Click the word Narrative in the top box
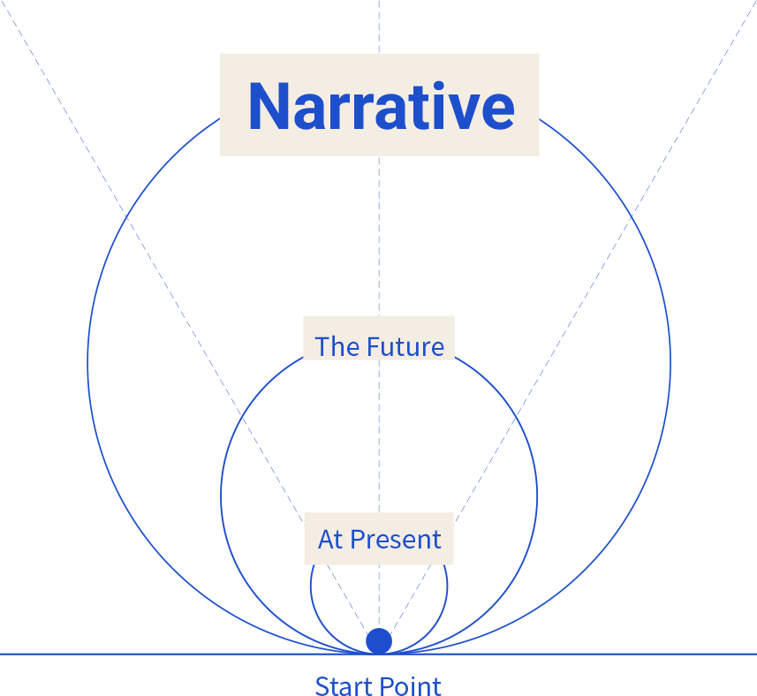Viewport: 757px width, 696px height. pos(381,106)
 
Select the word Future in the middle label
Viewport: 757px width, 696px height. pos(405,346)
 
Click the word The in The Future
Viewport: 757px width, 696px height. pos(337,346)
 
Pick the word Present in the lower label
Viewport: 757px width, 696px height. pos(396,540)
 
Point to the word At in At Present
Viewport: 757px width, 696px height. pos(329,540)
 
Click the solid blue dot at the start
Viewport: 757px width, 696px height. pos(379,641)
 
